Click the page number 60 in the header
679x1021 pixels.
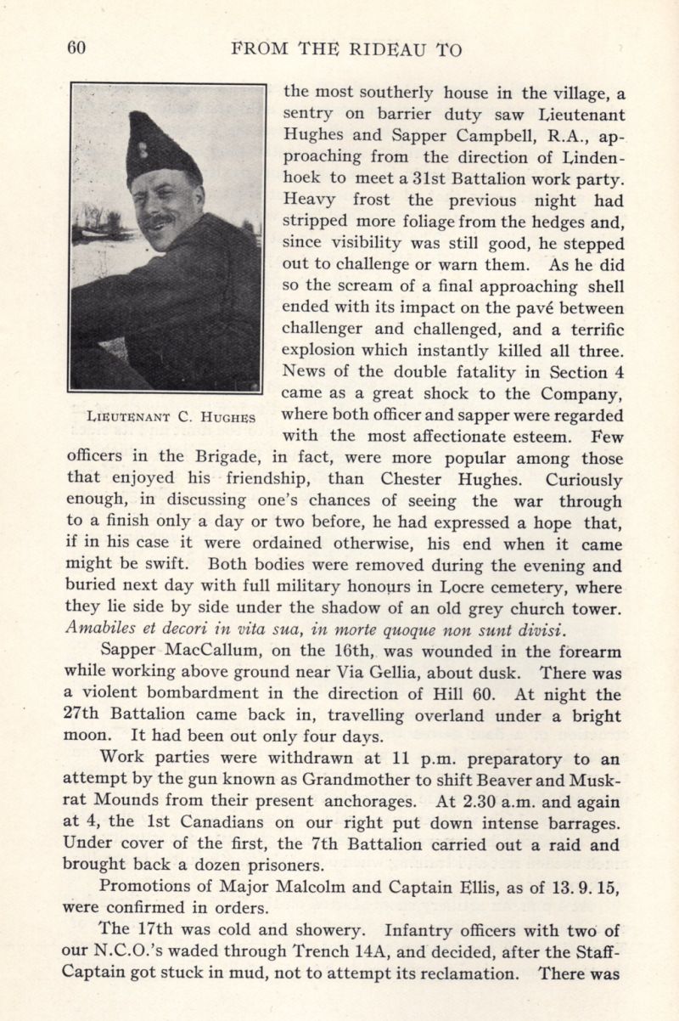(x=76, y=49)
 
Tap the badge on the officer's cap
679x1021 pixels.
(x=143, y=151)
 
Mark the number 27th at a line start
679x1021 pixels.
(x=83, y=717)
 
